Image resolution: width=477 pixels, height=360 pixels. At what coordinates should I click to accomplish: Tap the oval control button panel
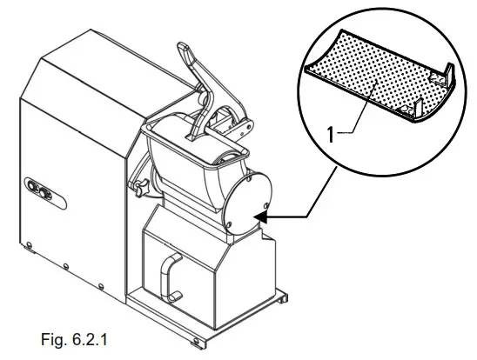pyautogui.click(x=38, y=190)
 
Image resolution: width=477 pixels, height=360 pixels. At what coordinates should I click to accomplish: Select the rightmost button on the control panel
pyautogui.click(x=44, y=192)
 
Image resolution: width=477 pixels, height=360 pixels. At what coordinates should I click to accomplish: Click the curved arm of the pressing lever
pyautogui.click(x=203, y=109)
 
